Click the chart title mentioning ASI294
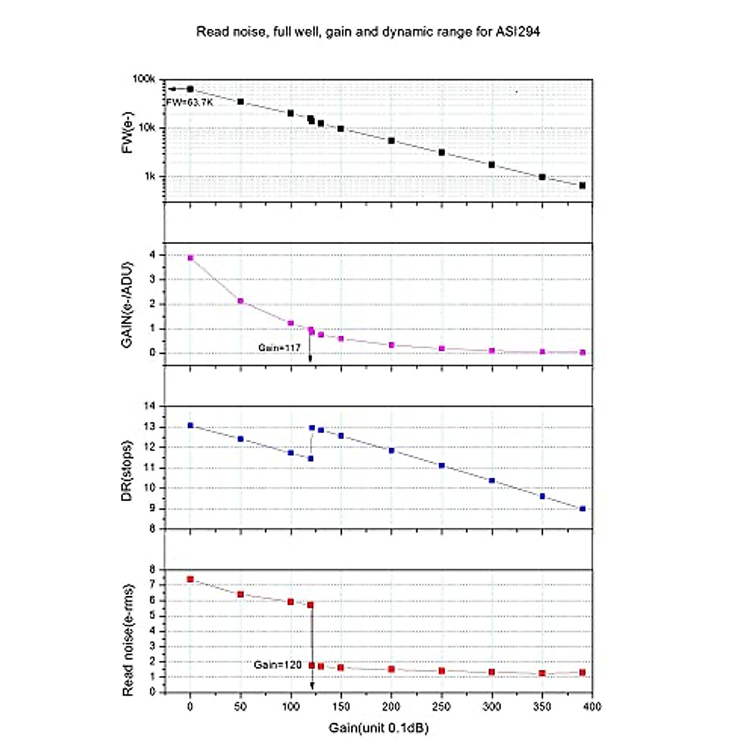click(368, 31)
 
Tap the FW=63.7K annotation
click(189, 102)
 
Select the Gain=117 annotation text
click(279, 348)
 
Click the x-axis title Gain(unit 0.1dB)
click(378, 728)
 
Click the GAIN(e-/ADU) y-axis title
click(128, 304)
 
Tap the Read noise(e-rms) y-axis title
click(128, 639)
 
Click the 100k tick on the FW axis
click(144, 79)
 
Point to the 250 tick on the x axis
click(441, 706)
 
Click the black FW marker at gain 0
click(190, 89)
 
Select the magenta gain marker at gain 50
click(241, 301)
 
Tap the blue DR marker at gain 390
click(582, 508)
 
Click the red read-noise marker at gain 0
click(190, 579)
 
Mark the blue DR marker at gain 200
click(391, 450)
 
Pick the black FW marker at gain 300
click(491, 164)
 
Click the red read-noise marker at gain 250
click(442, 671)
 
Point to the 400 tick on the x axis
click(592, 706)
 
